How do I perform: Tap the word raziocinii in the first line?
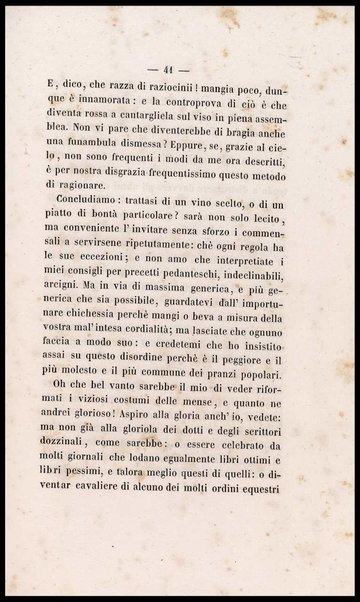point(172,74)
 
